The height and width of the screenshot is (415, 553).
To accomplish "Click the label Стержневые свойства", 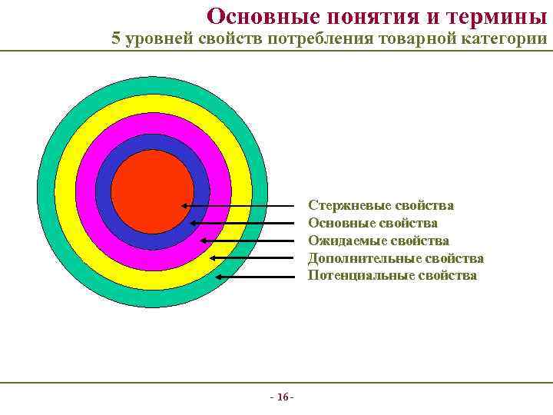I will coord(380,206).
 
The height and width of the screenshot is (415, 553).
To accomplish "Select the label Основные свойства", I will coord(373,223).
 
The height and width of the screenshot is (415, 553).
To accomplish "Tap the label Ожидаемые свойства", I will coord(378,241).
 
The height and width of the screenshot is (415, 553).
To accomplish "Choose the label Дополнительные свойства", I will coord(396,258).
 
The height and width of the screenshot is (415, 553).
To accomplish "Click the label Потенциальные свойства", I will coord(392,275).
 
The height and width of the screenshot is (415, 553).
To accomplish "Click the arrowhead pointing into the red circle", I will coord(185,206).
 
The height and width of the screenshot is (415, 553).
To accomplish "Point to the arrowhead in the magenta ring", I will coord(204,241).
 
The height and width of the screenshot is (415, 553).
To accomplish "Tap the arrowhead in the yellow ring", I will coord(213,258).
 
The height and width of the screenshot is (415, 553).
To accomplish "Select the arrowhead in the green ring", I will coord(220,275).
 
